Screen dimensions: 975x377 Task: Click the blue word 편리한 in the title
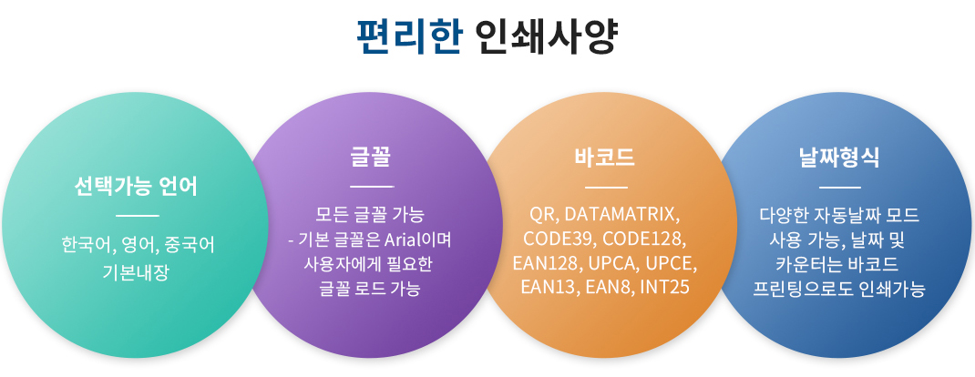(x=409, y=37)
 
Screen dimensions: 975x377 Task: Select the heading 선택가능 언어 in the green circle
(x=136, y=186)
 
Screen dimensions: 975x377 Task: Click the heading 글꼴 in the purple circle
(x=371, y=158)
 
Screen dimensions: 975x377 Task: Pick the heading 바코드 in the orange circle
(x=606, y=158)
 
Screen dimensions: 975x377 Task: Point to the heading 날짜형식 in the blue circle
(x=840, y=158)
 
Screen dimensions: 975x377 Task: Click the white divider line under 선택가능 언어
(x=138, y=216)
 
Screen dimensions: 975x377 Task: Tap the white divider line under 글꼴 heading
(x=372, y=187)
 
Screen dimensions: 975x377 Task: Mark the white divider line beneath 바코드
(x=606, y=187)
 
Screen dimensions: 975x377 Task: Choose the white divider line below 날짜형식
(x=840, y=187)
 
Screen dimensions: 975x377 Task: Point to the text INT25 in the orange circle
(x=664, y=288)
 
